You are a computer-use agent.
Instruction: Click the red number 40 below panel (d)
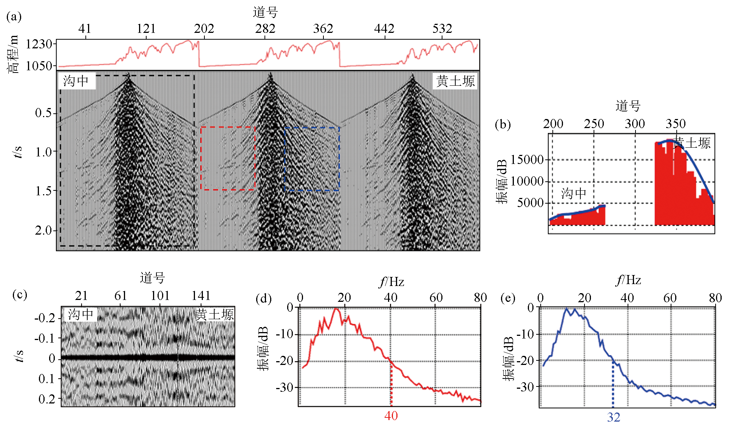391,416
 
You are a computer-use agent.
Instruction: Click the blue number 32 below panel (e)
614,417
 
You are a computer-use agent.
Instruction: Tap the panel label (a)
14,17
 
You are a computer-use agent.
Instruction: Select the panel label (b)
503,124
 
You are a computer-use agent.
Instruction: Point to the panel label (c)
20,294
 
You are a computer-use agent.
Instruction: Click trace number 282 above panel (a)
265,29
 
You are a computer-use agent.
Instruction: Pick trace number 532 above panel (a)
442,29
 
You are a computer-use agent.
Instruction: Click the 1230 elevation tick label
39,44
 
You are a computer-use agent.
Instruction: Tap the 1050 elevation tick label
39,66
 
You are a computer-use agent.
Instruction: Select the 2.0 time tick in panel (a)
44,230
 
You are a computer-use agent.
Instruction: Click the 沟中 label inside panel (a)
76,81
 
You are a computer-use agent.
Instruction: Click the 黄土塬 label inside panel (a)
455,81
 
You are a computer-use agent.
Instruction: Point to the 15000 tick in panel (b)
527,159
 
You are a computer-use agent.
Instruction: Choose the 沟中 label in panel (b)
574,193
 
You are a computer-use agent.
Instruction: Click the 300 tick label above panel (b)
635,124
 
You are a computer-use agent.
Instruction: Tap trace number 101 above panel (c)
160,295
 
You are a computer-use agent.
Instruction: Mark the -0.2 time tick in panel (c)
45,318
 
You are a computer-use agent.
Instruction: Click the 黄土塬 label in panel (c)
215,314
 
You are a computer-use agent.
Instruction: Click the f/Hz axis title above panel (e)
628,280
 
